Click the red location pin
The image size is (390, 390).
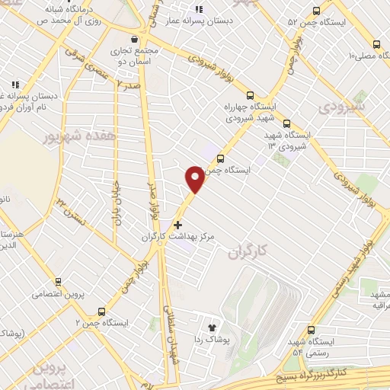pyautogui.click(x=195, y=177)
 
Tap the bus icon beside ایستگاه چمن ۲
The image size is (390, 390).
pyautogui.click(x=101, y=311)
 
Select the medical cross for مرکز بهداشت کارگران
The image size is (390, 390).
pyautogui.click(x=178, y=225)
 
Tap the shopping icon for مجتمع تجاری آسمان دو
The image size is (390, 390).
pyautogui.click(x=135, y=39)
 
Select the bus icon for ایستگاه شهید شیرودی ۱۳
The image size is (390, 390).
pyautogui.click(x=286, y=123)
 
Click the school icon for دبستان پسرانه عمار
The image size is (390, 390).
pyautogui.click(x=199, y=10)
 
